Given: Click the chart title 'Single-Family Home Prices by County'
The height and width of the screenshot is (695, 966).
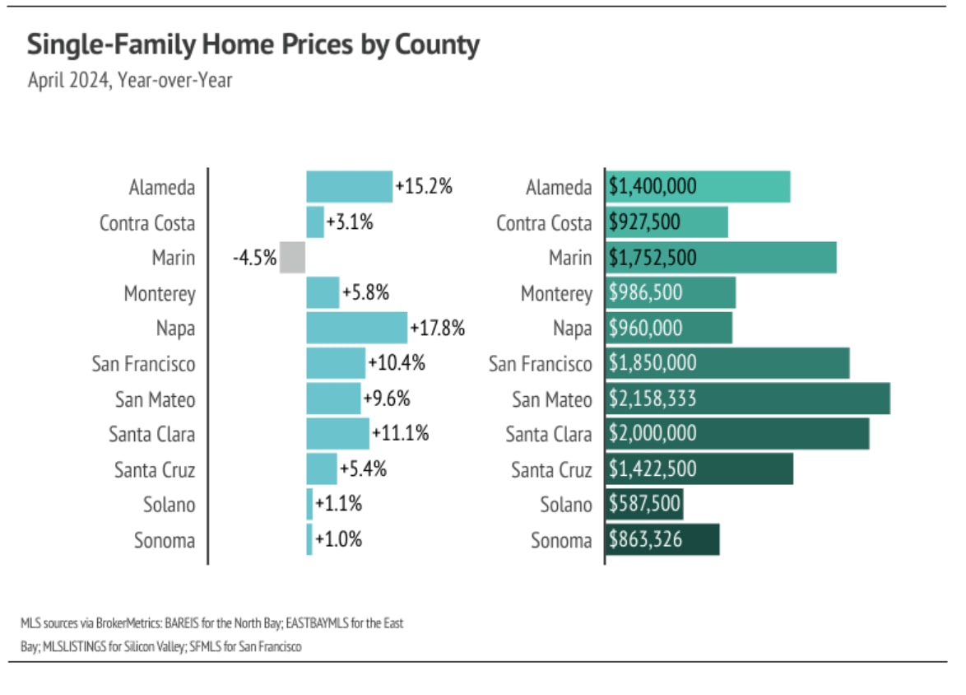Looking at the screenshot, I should coord(253,44).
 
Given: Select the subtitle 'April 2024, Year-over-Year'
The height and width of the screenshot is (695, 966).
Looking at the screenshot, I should coord(130,81).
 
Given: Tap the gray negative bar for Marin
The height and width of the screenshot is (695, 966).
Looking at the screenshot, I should coord(292,258).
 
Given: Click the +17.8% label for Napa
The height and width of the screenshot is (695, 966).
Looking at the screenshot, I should coord(439,329).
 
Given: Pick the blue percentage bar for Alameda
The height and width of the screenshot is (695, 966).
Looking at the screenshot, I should coord(349,187).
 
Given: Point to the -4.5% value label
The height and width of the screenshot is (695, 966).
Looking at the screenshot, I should coord(254,258).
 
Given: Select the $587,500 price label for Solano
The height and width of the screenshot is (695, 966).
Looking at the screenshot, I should coord(645,504).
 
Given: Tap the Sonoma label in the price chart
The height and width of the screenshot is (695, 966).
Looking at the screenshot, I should coord(561,540).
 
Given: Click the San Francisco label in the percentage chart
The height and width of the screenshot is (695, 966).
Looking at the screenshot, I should coord(143,364).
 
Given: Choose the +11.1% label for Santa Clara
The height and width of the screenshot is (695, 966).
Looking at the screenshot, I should coord(400,434).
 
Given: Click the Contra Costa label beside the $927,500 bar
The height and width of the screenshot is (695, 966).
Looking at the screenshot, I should coord(544,223).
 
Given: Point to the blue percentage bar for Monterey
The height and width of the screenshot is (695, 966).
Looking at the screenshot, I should coord(323,293).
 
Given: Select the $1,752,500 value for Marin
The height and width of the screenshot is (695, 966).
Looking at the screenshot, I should coord(653,258).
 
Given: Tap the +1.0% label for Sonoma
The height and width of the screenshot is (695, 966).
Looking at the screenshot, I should coord(338,540).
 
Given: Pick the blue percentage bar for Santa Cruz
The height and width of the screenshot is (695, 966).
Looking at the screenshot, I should coord(322,469).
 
